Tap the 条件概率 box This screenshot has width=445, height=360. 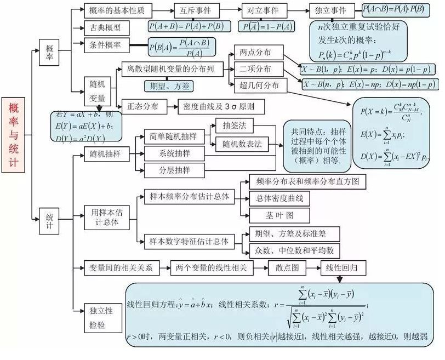pos(106,45)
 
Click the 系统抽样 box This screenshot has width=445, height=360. pos(174,153)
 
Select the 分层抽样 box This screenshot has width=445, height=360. pos(174,170)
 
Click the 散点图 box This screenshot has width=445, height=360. pos(287,268)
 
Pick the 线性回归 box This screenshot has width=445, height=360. pos(343,268)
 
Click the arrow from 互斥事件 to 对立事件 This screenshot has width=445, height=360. pos(232,10)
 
